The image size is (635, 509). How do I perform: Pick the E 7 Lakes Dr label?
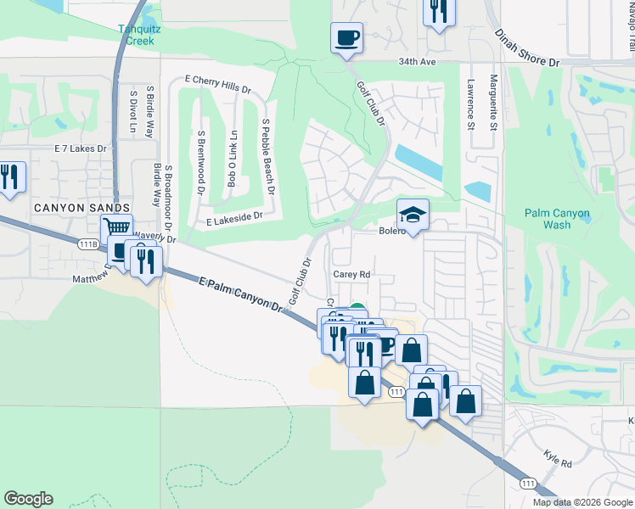click(81, 148)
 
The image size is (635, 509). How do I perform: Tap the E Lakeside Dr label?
click(233, 217)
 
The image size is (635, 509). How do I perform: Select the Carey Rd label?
click(351, 275)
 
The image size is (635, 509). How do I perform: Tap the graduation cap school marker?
click(413, 215)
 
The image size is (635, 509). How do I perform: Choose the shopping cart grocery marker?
click(116, 228)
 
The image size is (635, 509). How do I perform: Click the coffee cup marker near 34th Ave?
click(346, 38)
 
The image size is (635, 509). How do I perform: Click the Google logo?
click(28, 499)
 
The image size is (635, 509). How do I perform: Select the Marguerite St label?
click(492, 104)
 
